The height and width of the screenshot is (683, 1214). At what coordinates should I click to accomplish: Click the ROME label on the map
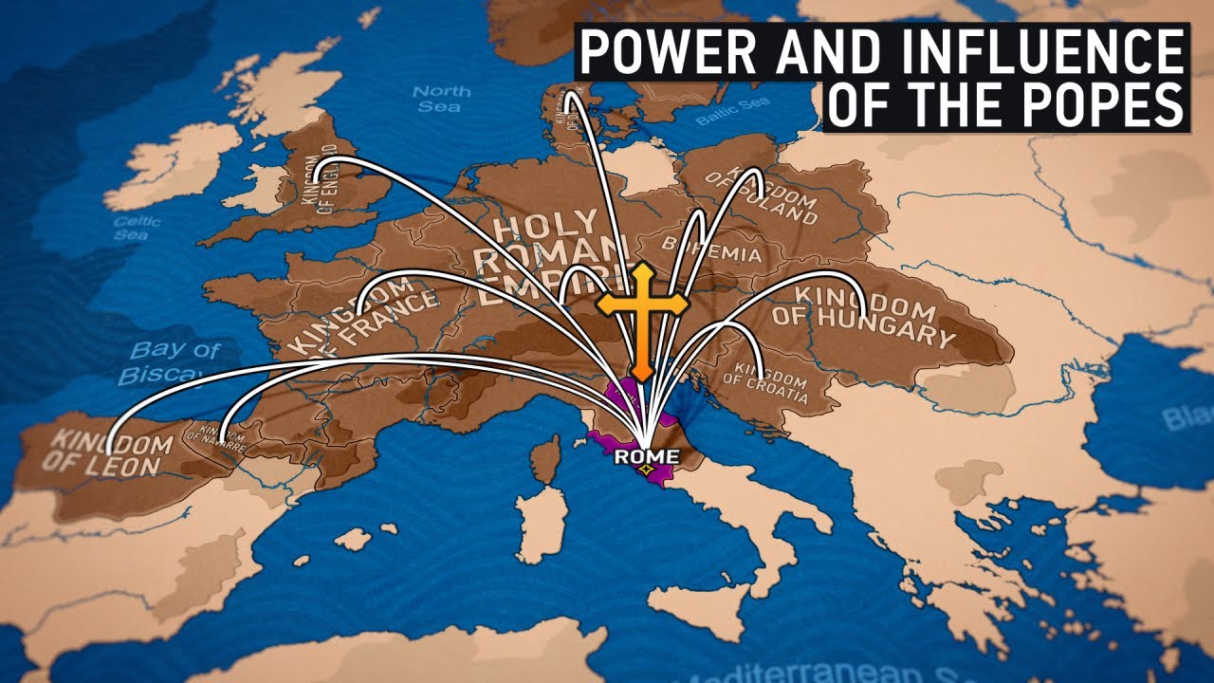click(646, 456)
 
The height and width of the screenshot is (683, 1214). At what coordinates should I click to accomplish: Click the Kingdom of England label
click(320, 185)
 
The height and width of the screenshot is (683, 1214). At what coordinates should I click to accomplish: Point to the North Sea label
click(441, 99)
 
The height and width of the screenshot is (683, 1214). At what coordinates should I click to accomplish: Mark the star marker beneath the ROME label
click(646, 470)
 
